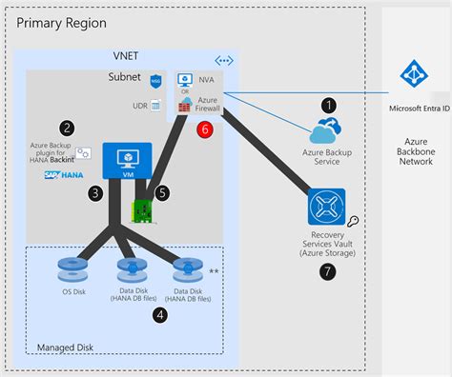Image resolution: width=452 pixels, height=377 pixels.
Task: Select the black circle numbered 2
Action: pyautogui.click(x=67, y=127)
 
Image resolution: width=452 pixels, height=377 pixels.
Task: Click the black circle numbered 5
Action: pyautogui.click(x=162, y=192)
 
